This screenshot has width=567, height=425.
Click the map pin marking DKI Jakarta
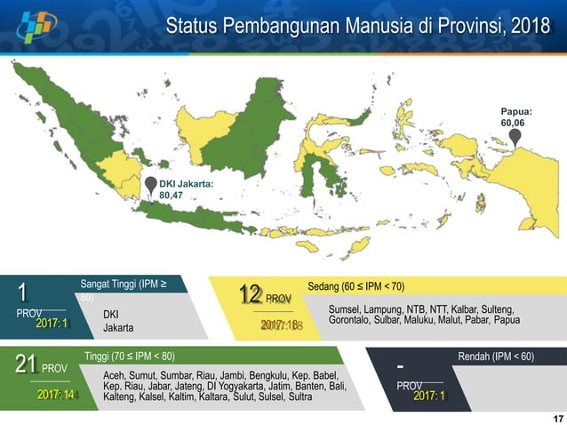(151, 187)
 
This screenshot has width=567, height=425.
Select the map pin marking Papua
(515, 138)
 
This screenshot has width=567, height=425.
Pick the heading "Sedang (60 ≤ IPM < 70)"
(355, 286)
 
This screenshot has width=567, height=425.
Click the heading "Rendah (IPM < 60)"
(496, 357)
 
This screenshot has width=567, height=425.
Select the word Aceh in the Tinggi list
(115, 375)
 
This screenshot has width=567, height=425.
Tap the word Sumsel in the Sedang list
(345, 309)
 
